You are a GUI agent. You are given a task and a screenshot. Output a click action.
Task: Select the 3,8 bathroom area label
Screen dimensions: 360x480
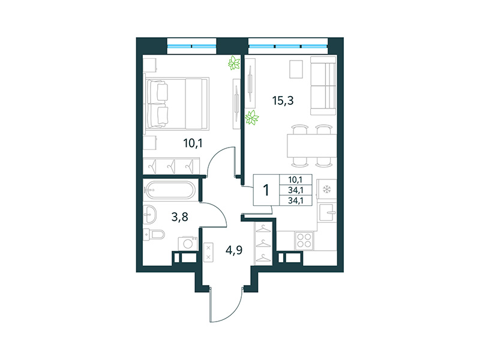coord(179,217)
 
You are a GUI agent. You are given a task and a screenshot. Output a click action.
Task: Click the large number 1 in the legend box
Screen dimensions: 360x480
coord(265,190)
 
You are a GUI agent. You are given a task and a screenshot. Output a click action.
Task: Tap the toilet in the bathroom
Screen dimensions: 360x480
coord(154,234)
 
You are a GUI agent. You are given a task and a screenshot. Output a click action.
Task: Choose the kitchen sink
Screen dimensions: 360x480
coord(327,211)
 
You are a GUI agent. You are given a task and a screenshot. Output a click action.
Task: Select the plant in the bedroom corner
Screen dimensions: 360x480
coord(233,62)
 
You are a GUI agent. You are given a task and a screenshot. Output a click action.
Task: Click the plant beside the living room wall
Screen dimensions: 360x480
coord(253,118)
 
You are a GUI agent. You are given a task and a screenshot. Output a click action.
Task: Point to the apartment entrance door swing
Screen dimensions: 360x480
coord(225,303)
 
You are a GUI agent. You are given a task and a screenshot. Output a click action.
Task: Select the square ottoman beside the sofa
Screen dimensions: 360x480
coord(296,69)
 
